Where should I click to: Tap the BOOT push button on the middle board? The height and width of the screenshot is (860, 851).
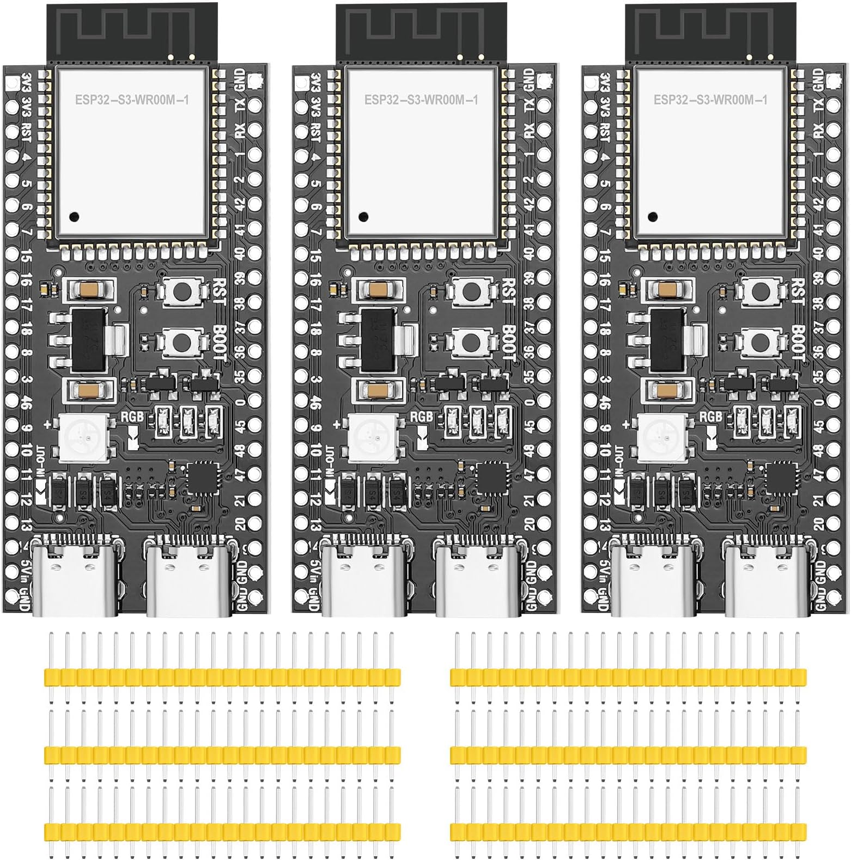tap(471, 342)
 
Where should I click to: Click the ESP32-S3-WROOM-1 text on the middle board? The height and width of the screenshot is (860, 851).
tap(421, 100)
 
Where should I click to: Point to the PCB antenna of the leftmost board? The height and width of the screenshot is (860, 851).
tap(132, 31)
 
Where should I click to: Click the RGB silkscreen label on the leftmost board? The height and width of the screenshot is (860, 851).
tap(132, 417)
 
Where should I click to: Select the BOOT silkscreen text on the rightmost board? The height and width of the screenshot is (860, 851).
tap(798, 342)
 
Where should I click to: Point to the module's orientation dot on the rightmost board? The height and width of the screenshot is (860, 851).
tap(652, 216)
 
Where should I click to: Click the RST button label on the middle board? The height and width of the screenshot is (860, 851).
tap(508, 291)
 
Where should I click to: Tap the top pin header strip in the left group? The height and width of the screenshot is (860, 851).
tap(222, 677)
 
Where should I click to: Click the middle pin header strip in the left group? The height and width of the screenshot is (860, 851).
tap(222, 755)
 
